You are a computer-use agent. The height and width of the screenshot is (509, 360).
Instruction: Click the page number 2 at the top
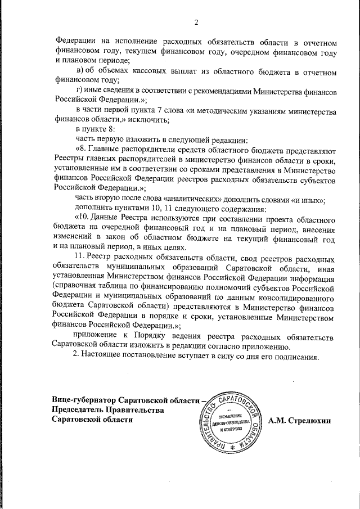[196, 22]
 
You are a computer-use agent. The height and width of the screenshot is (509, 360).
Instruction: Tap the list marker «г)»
[79, 91]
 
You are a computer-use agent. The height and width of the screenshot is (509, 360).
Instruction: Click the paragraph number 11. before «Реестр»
[81, 256]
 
